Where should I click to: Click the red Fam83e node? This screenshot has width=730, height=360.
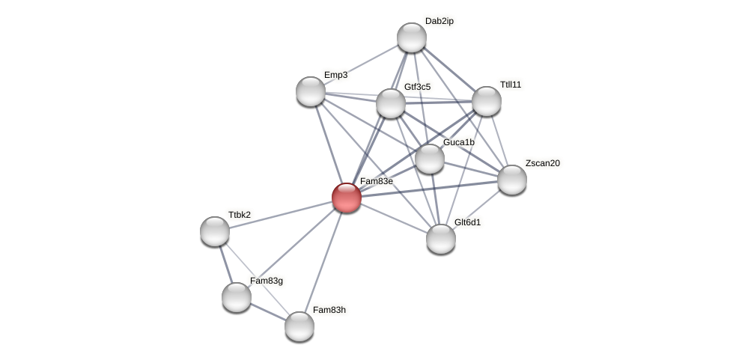[347, 198]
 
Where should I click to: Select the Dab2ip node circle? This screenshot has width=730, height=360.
[412, 37]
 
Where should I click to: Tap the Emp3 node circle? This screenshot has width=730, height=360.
[311, 91]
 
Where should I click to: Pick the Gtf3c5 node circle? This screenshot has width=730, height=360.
[391, 103]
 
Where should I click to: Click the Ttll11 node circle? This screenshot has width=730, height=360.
[487, 101]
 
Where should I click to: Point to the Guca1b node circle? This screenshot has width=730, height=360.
[430, 159]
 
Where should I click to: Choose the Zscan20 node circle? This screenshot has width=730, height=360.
[512, 180]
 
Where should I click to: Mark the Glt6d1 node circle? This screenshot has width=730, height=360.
[441, 239]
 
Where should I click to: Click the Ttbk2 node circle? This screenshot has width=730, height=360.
[215, 231]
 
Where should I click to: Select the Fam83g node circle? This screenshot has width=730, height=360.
[237, 297]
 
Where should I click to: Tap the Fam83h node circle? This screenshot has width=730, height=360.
[299, 326]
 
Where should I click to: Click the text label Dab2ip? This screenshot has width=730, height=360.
[439, 21]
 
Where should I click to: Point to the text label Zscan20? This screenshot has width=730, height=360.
[542, 163]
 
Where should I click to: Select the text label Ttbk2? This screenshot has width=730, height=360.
[240, 215]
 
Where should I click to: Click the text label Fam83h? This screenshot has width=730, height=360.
[329, 310]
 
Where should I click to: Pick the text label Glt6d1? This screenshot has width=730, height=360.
[468, 222]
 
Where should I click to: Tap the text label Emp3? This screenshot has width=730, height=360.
[335, 75]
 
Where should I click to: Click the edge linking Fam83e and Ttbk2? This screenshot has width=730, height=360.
[281, 214]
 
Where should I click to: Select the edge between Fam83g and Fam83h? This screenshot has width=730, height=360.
[268, 311]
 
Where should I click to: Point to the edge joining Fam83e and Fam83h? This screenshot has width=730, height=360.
[323, 262]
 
